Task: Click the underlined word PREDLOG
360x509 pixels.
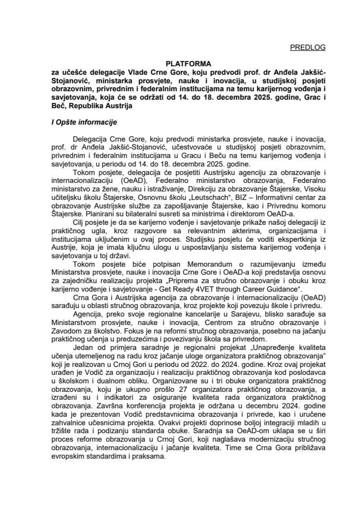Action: click(308, 48)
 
